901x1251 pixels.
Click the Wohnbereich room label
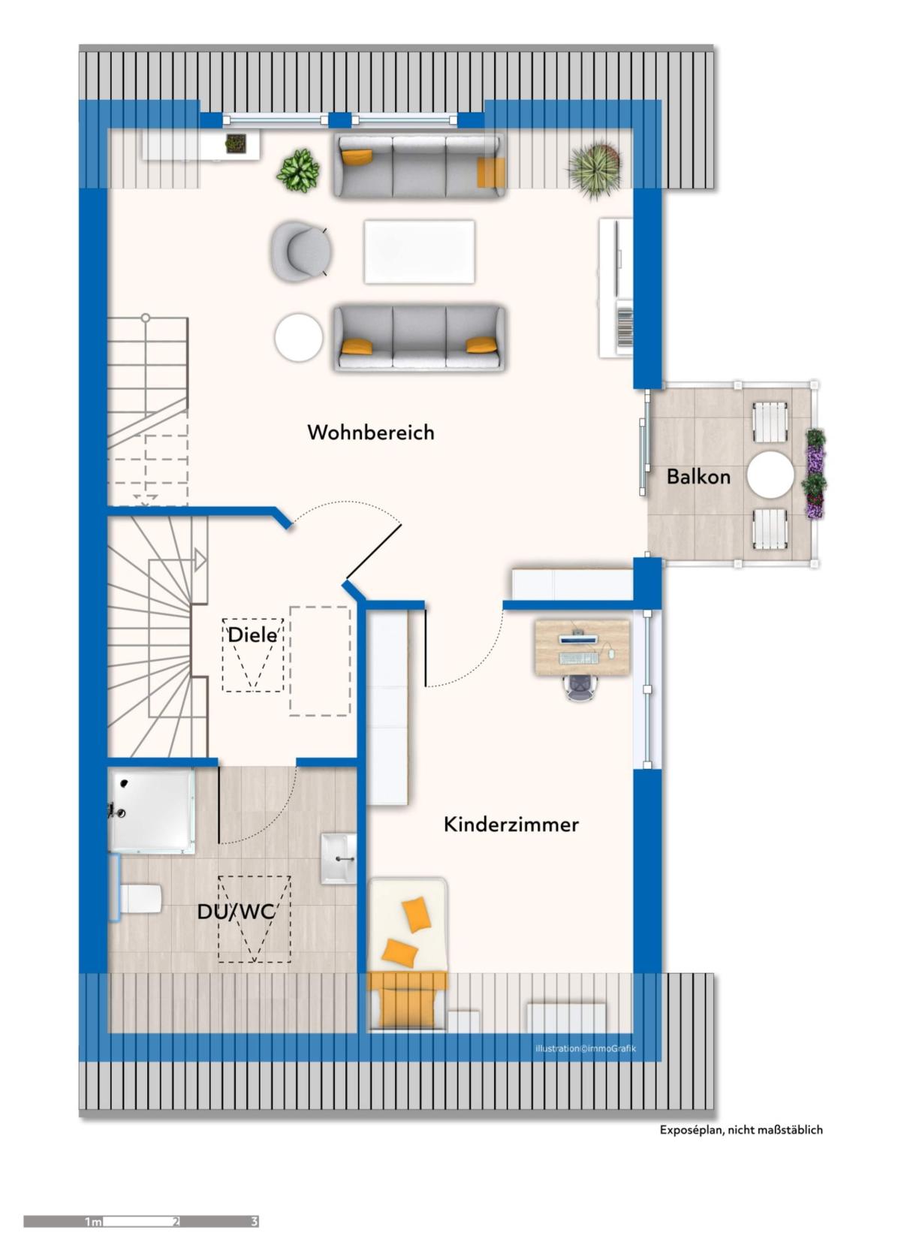click(x=371, y=433)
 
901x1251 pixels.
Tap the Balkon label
click(x=698, y=476)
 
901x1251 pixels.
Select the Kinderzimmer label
click(x=511, y=824)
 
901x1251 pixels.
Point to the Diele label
click(x=252, y=635)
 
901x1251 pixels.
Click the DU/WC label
click(x=236, y=912)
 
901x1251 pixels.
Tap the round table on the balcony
click(x=770, y=474)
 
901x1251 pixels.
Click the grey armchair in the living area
click(x=300, y=252)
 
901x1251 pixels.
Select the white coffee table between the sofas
click(x=420, y=252)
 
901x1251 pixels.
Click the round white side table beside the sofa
click(x=299, y=337)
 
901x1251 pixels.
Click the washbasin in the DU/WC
click(x=339, y=859)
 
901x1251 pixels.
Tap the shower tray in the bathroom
click(x=152, y=811)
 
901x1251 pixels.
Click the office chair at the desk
click(x=581, y=686)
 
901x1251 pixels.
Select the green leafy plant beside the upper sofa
click(x=298, y=170)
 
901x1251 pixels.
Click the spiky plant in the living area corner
click(x=595, y=169)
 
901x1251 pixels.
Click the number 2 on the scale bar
click(x=176, y=1222)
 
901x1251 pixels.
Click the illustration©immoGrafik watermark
click(x=586, y=1049)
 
